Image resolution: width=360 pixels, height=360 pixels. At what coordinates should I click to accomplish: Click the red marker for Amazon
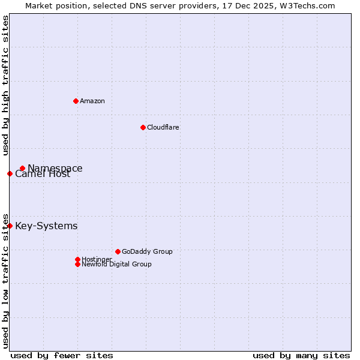coord(76,101)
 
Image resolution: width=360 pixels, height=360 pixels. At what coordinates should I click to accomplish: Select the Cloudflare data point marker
coord(143,127)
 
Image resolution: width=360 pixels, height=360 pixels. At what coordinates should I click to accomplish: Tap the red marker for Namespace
coord(22,169)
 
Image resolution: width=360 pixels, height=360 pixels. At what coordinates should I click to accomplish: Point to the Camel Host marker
coord(10,174)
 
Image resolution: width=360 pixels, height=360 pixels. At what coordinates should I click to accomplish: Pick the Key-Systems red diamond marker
coord(10,226)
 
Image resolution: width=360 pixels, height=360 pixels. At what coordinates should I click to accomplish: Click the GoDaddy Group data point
coord(118,252)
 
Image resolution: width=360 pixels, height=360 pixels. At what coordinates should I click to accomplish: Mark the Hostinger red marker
coord(77,259)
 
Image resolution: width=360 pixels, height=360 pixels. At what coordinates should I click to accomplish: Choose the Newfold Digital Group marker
coord(77,264)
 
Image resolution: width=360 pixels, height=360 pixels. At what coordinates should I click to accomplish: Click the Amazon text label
coord(92,101)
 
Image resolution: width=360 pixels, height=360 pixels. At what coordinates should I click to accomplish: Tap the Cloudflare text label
coord(163,127)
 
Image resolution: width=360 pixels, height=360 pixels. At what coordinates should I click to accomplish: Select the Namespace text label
coord(55,169)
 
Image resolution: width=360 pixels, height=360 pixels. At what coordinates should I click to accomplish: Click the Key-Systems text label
coord(46,226)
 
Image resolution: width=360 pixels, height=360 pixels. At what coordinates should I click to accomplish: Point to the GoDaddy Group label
coord(147,252)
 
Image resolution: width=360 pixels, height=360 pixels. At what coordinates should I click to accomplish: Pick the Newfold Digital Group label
coord(116,265)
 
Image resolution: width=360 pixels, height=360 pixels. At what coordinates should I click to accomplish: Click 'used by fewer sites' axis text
coord(62,355)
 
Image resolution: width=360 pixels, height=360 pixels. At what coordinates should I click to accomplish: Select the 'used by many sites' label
coord(301,355)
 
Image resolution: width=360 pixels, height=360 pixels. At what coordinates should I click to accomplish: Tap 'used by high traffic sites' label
coord(5,85)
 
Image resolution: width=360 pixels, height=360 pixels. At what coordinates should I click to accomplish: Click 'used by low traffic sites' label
coord(5,280)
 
